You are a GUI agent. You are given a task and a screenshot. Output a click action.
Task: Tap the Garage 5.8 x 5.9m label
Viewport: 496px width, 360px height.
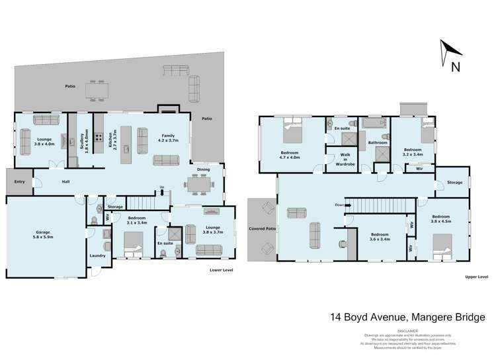point(43,234)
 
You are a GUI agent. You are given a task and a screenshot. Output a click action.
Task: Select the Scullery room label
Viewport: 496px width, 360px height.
point(84,142)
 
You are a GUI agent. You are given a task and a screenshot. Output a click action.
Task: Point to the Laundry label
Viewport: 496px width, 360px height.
point(98,254)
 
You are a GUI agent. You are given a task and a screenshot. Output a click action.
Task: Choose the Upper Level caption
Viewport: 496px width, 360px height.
point(475,276)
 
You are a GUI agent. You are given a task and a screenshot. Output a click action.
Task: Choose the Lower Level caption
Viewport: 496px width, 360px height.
point(219,270)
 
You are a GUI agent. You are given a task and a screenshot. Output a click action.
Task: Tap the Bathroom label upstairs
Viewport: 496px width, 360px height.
point(377,142)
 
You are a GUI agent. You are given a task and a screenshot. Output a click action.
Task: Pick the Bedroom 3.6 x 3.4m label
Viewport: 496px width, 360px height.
point(380,237)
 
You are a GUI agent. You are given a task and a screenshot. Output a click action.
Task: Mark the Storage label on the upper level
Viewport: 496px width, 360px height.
point(454,182)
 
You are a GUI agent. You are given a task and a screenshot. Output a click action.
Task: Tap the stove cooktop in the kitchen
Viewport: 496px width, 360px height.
point(98,138)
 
